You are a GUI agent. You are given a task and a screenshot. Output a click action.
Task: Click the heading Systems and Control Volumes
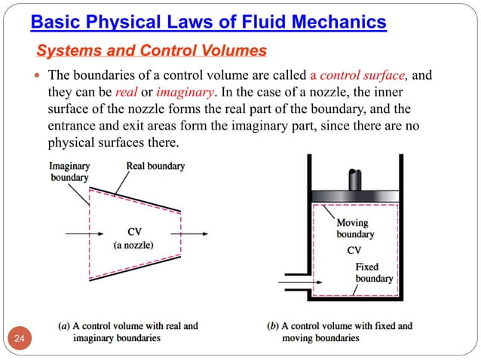[151, 51]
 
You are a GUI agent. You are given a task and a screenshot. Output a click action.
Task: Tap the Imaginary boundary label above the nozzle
[69, 172]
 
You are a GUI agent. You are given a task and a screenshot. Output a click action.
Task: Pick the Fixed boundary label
[374, 273]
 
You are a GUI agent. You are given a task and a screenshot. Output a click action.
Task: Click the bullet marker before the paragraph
[38, 77]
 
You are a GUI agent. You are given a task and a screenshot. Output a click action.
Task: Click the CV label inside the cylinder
[354, 250]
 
